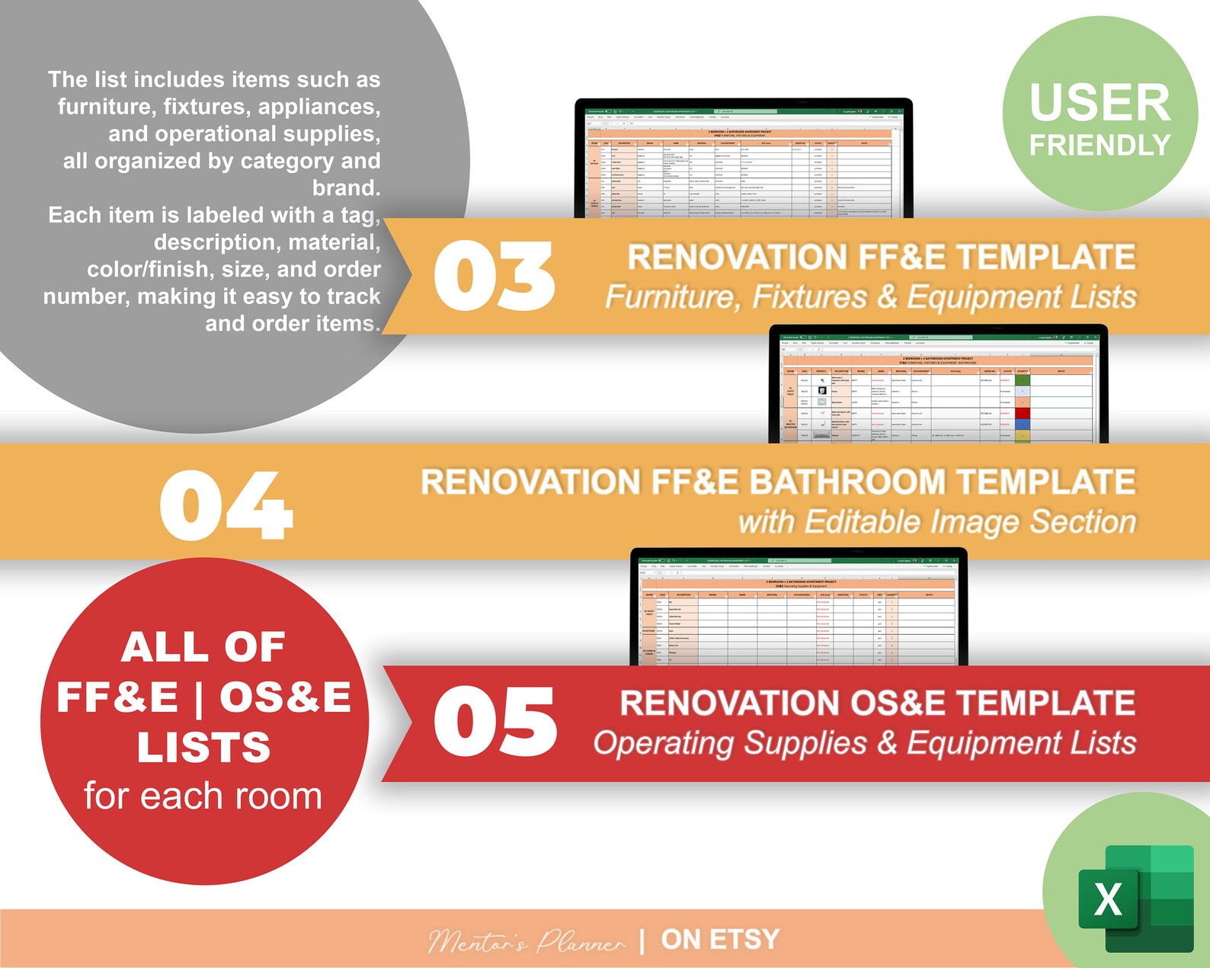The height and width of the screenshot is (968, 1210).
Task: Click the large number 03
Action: [x=494, y=276]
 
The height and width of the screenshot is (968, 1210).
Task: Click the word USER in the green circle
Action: [x=1100, y=103]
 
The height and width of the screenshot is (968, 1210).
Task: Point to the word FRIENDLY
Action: [x=1100, y=145]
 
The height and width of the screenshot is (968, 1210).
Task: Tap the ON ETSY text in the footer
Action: [x=720, y=940]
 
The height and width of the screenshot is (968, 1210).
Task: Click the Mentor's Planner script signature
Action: [x=526, y=942]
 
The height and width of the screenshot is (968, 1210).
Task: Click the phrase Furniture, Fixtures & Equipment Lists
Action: [x=870, y=296]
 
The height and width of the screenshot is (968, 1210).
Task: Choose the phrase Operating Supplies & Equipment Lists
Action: [x=865, y=743]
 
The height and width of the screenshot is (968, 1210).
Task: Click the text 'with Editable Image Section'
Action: [x=936, y=522]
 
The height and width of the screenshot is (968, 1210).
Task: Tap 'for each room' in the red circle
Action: [x=203, y=796]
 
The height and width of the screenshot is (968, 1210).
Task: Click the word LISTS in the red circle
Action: [x=203, y=747]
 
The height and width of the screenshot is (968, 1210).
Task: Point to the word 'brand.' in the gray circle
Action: [x=346, y=188]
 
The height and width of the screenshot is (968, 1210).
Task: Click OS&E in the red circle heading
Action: [x=285, y=697]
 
